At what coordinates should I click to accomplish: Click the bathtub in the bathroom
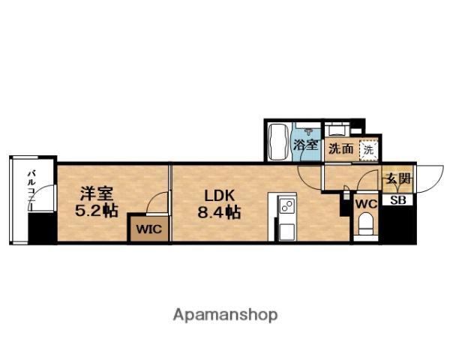point(278,142)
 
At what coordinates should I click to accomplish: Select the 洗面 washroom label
point(341,148)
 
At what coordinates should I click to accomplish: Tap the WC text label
point(365,203)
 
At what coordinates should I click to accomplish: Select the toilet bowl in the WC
point(366,224)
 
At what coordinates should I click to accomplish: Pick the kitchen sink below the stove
point(286,229)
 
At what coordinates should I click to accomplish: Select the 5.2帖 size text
point(95,211)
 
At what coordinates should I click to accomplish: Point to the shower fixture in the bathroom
point(306,128)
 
